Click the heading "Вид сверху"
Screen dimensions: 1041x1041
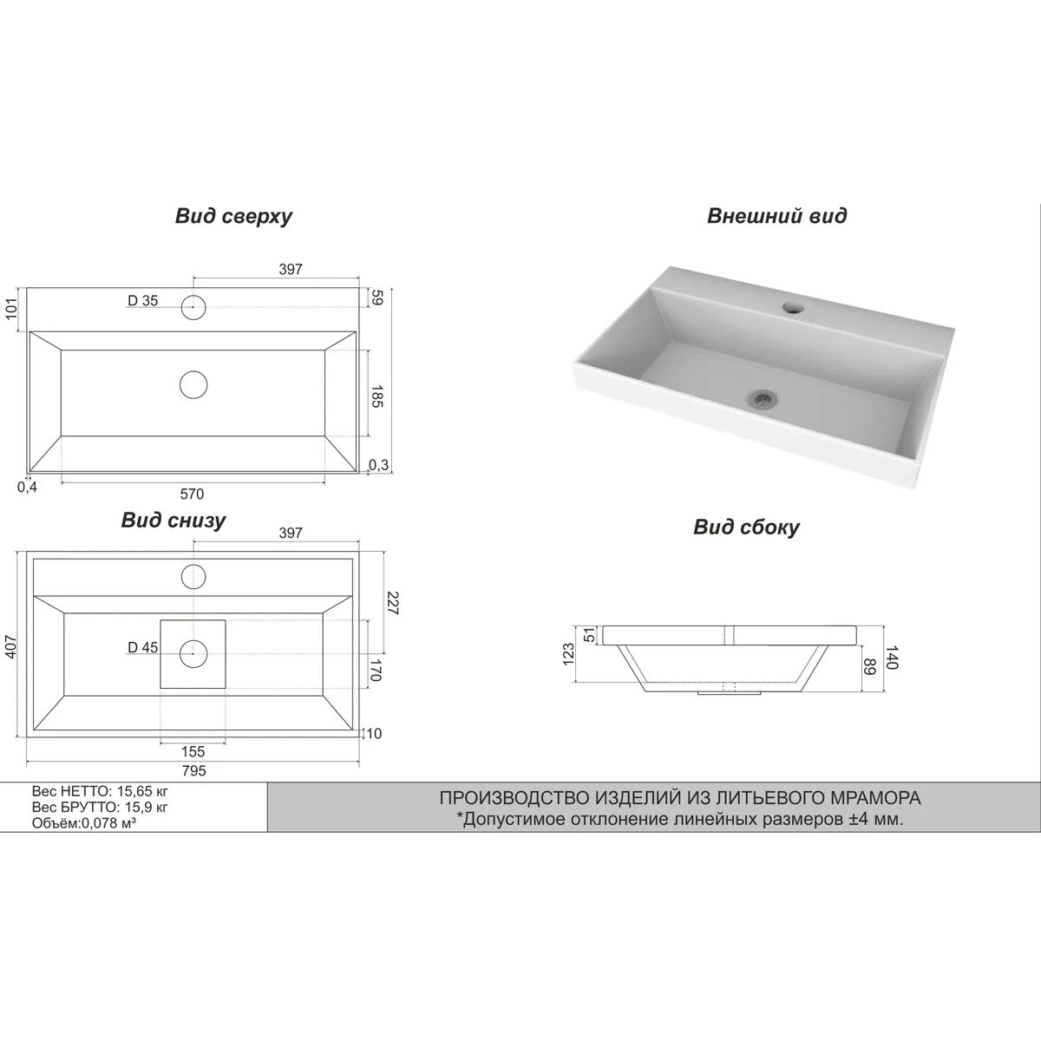[x=233, y=217]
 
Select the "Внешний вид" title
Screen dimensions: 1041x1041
[x=776, y=216]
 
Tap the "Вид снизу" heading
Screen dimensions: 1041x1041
[x=173, y=520]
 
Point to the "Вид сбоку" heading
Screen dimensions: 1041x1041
[x=747, y=527]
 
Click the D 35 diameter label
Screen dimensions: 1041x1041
[x=142, y=301]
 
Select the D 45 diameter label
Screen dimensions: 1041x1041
[x=142, y=647]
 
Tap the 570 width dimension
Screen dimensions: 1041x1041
[x=192, y=494]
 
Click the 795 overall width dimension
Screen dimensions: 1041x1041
[x=194, y=770]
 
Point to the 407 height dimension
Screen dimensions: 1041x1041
[x=12, y=646]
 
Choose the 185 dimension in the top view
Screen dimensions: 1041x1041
[x=377, y=396]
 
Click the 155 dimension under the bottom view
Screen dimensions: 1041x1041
[x=193, y=751]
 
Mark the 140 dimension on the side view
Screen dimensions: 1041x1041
[x=892, y=658]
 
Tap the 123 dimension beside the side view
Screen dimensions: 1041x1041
[x=569, y=654]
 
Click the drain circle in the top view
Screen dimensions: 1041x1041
[x=193, y=385]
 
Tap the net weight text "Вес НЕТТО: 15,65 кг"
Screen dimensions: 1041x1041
[x=100, y=792]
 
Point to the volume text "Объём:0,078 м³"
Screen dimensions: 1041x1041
[x=84, y=823]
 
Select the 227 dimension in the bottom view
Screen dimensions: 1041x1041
[x=392, y=604]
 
